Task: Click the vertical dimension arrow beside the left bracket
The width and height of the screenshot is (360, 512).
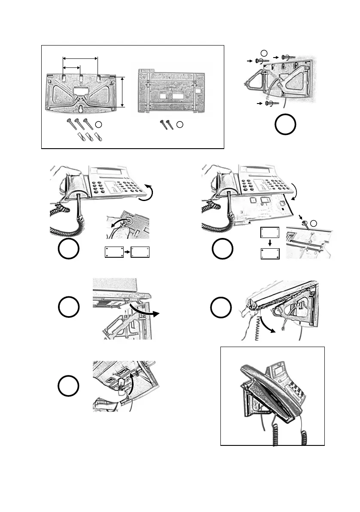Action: [x=123, y=92]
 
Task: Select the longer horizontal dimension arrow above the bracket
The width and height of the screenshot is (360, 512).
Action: [x=80, y=58]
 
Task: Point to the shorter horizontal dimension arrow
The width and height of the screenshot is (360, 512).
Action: [x=71, y=67]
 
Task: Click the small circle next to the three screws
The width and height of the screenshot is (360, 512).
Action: [x=98, y=125]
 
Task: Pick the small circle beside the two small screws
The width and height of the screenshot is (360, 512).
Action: [x=180, y=125]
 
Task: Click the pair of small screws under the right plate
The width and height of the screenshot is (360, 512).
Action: [x=166, y=125]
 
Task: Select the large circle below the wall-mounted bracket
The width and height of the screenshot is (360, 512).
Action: [x=285, y=125]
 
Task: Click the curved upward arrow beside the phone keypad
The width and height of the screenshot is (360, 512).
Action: [x=148, y=191]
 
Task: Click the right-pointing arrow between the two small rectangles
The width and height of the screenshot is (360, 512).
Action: [x=127, y=252]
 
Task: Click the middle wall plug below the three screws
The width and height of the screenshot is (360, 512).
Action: [x=90, y=138]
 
